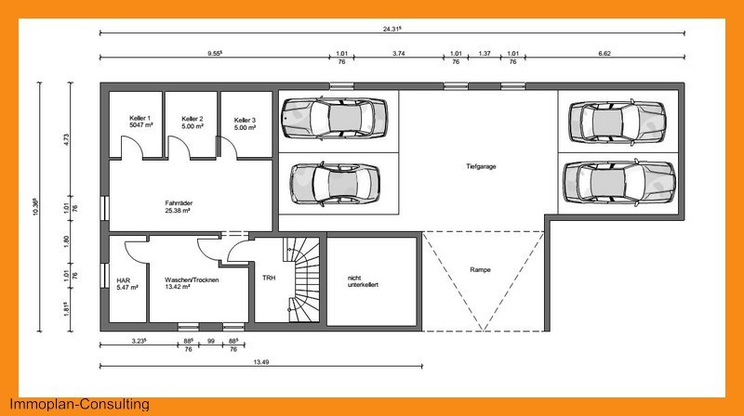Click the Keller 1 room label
140,122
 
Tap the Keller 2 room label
193,123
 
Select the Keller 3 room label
245,123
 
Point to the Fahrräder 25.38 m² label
179,206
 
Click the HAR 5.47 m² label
127,284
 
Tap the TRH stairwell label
269,278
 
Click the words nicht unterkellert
363,281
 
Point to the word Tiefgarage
481,166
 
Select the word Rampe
480,269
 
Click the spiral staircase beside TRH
302,279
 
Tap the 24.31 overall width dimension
392,29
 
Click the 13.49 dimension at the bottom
261,362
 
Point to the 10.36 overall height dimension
36,207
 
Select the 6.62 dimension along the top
604,54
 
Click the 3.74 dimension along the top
399,54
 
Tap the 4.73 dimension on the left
66,140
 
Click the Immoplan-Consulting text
79,404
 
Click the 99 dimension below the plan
211,341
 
